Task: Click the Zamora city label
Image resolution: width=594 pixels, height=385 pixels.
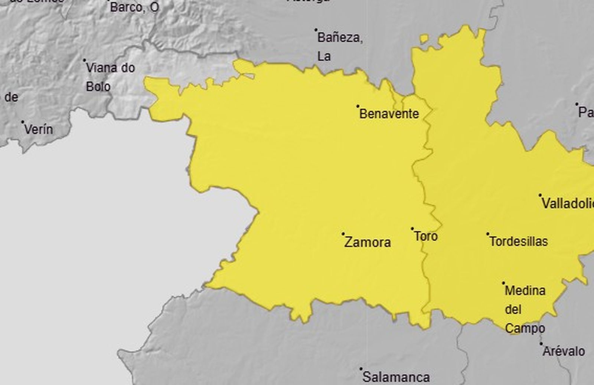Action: point(368,243)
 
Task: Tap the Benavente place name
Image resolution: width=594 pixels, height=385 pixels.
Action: point(389,114)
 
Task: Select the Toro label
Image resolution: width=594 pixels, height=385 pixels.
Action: point(426,236)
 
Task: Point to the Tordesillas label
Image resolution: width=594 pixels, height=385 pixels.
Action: point(519,241)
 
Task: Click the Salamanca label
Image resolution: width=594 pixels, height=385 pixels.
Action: point(396,377)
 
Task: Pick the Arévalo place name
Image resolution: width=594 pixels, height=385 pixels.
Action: point(564,351)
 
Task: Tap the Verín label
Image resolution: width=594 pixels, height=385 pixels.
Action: point(39,129)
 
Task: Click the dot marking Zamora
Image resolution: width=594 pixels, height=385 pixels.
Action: point(343,234)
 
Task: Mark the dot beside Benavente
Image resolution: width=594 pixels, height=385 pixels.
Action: point(358,106)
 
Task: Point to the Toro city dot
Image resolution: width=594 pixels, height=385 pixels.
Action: point(412,228)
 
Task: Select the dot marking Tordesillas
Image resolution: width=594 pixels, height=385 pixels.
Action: point(487,234)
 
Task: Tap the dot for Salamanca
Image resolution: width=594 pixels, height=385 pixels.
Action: point(360,369)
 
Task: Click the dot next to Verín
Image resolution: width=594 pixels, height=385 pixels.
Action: point(23,122)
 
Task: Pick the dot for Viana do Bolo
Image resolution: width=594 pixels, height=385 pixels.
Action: point(84,60)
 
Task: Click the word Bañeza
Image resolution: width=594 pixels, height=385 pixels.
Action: point(340,38)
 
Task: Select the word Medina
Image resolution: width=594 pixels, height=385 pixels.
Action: point(525,290)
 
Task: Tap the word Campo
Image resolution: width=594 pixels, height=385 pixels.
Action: point(525,329)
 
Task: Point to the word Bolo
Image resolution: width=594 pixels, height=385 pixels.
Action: point(98,87)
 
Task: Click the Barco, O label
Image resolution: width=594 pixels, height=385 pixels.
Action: point(134,7)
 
